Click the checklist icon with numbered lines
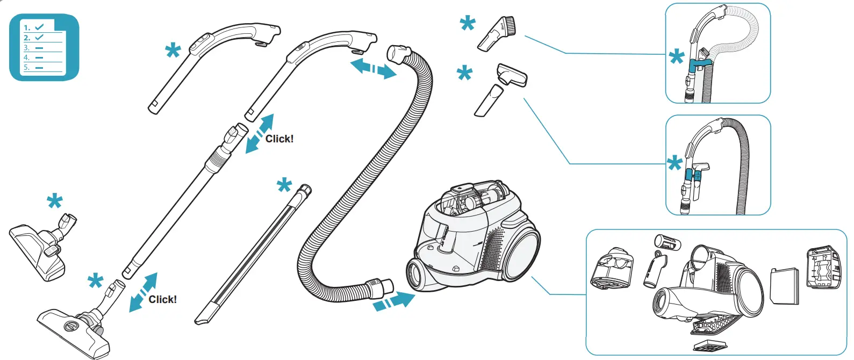pyautogui.click(x=44, y=47)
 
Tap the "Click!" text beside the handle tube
pyautogui.click(x=279, y=139)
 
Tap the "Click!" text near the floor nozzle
pyautogui.click(x=162, y=299)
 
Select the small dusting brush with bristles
pyautogui.click(x=497, y=34)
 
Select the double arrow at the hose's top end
pyautogui.click(x=373, y=69)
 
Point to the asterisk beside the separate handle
pyautogui.click(x=173, y=52)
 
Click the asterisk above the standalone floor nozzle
pyautogui.click(x=55, y=203)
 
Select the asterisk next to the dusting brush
pyautogui.click(x=468, y=24)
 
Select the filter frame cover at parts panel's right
pyautogui.click(x=823, y=268)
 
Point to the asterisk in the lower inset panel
pyautogui.click(x=674, y=164)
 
